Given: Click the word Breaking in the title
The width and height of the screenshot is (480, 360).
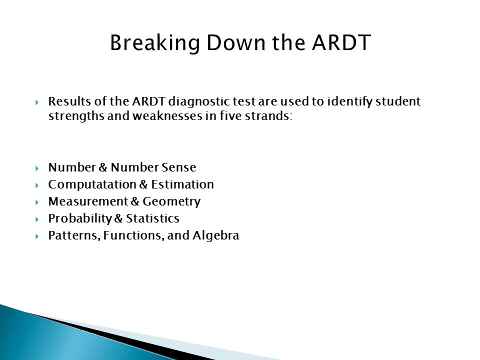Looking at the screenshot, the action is point(155,43).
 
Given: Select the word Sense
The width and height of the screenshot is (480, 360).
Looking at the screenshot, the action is point(179,167).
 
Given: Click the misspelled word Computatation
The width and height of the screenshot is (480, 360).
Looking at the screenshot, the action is point(92,185).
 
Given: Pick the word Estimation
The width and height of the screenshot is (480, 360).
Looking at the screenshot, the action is point(182,184).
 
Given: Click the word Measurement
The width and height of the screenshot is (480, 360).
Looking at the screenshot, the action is point(88,201).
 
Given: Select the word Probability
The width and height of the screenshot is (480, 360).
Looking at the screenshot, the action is point(80,219).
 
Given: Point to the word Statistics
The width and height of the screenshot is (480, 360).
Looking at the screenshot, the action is point(153,218).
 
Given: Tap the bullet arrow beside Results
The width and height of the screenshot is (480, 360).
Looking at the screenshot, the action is point(37,102).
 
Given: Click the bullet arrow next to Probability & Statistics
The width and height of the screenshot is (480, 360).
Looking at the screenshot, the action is point(37,219).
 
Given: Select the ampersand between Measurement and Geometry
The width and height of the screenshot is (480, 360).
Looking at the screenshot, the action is point(135,201).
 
